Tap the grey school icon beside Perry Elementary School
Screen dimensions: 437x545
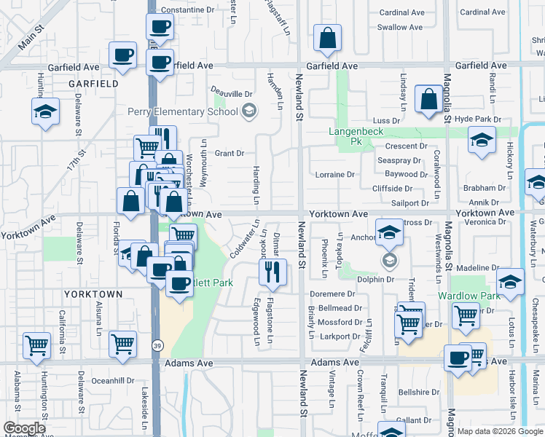click(x=249, y=111)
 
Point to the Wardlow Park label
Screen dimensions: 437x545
click(x=468, y=296)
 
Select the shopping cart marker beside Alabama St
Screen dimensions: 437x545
click(x=36, y=345)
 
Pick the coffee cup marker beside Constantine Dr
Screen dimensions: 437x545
click(x=160, y=28)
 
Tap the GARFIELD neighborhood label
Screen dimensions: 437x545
click(x=93, y=84)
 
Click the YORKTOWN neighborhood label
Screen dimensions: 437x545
click(x=93, y=294)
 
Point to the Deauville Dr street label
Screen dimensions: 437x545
click(x=232, y=94)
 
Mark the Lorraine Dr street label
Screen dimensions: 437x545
click(x=334, y=175)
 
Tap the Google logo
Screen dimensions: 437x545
click(x=24, y=428)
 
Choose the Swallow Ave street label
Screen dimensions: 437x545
click(x=400, y=28)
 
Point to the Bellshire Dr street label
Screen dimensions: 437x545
click(x=420, y=392)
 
